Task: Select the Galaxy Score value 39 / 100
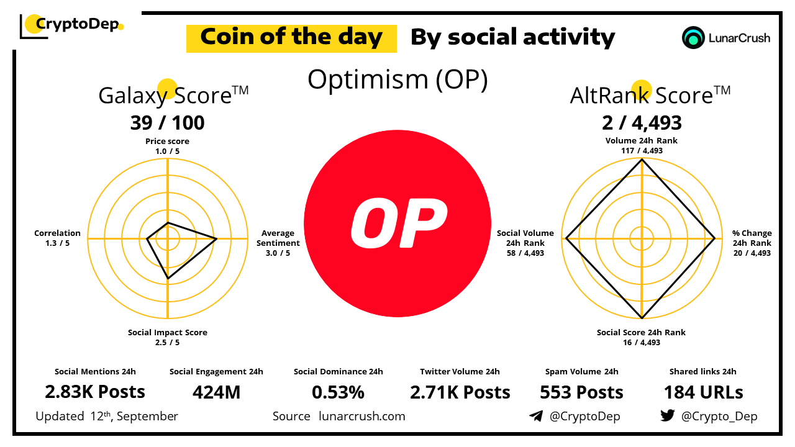[167, 123]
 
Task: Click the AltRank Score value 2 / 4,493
[642, 123]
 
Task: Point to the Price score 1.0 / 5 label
[167, 146]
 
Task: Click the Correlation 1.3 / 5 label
[57, 238]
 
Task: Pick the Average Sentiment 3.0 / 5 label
[278, 243]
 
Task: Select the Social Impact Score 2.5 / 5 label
[167, 337]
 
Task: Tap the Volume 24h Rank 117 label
[642, 145]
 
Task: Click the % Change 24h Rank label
[752, 243]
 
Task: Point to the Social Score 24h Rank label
[641, 337]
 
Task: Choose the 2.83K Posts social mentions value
[95, 392]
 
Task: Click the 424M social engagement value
[216, 392]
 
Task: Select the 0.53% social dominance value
[338, 392]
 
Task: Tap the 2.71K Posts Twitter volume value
[460, 392]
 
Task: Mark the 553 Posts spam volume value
[581, 392]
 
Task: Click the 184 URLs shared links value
[703, 392]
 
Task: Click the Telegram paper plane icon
[535, 416]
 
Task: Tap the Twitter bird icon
[667, 416]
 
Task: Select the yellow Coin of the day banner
[291, 38]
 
